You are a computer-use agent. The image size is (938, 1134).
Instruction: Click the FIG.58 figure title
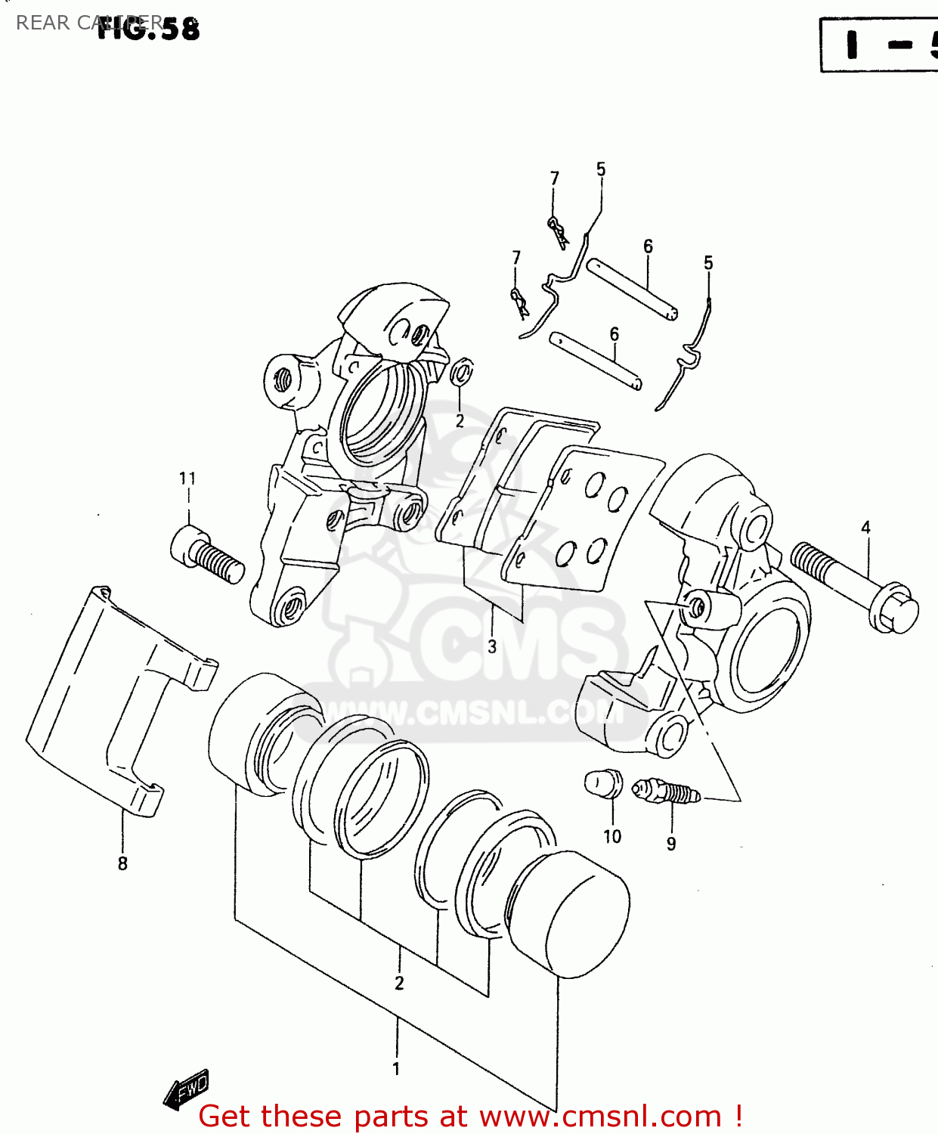(149, 28)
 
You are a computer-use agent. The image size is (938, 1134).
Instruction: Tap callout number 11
(187, 479)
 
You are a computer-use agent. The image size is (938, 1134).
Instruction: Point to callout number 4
(865, 528)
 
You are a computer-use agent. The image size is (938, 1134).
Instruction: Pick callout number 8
(122, 863)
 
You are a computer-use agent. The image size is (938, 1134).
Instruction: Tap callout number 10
(612, 836)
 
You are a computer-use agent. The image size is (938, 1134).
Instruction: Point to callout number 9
(671, 844)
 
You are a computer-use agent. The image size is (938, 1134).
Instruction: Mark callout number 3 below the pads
(492, 646)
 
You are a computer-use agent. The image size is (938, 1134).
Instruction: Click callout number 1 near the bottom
(396, 1069)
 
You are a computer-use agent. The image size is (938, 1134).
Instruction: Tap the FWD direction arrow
(186, 1089)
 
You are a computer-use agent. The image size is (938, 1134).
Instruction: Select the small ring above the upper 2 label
(461, 372)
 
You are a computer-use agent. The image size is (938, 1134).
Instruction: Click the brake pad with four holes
(586, 518)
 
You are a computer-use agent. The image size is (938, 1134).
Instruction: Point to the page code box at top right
(879, 45)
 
